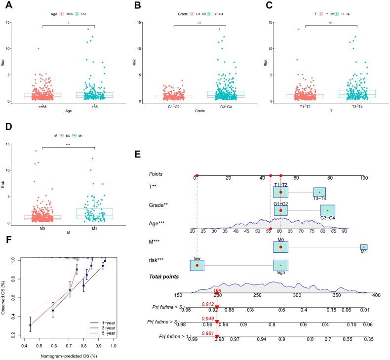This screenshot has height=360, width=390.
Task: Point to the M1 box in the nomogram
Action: pyautogui.click(x=363, y=247)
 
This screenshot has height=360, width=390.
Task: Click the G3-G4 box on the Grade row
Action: pyautogui.click(x=327, y=211)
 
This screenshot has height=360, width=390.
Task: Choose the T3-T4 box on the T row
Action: pyautogui.click(x=319, y=192)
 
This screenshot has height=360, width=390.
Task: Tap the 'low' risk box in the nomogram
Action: pyautogui.click(x=197, y=265)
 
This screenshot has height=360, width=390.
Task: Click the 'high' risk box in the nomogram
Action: pyautogui.click(x=280, y=265)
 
